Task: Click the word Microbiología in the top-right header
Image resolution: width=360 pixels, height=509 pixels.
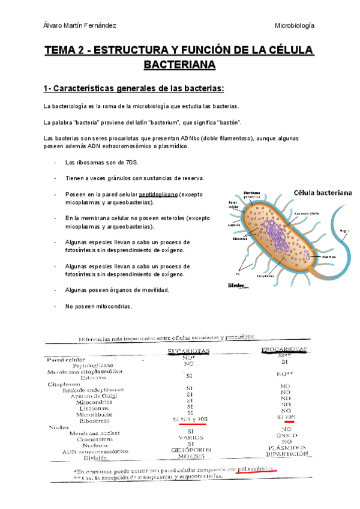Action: pyautogui.click(x=295, y=26)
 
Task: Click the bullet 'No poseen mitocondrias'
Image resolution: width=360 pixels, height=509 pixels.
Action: pyautogui.click(x=98, y=306)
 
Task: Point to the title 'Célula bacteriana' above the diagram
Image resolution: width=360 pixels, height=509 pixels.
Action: pyautogui.click(x=323, y=192)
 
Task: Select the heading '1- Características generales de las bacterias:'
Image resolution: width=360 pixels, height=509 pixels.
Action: pyautogui.click(x=133, y=89)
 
